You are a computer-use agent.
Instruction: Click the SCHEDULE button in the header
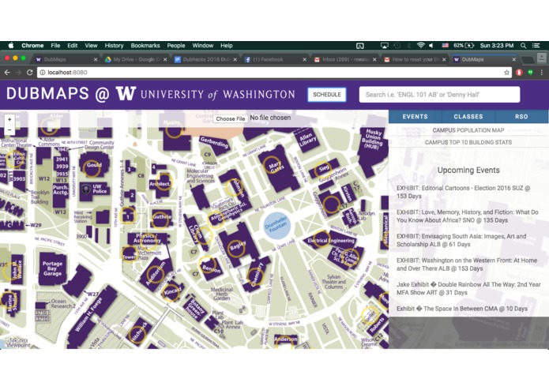326,94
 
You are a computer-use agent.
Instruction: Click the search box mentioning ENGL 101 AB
439,95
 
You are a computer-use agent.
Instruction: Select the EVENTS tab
415,117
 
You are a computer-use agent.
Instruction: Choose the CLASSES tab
468,117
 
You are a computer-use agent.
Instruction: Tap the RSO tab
521,117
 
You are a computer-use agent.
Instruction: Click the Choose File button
230,118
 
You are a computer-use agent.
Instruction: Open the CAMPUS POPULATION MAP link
468,130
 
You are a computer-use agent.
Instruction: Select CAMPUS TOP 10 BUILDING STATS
468,143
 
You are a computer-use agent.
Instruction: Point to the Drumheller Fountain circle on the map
276,225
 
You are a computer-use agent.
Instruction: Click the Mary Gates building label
276,166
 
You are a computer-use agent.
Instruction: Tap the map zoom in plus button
9,120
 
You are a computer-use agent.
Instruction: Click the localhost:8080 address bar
237,72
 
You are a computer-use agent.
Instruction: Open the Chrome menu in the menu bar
32,46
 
